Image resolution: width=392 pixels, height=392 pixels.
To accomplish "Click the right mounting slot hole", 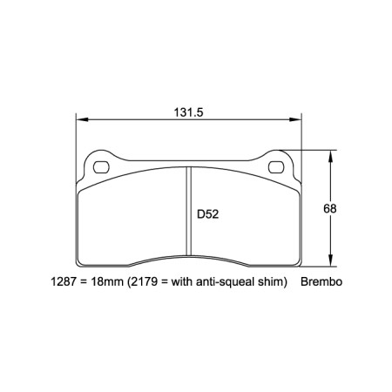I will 277,166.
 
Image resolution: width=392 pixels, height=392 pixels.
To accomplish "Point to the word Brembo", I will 322,283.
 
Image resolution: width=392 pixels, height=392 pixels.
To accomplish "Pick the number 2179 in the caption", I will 145,283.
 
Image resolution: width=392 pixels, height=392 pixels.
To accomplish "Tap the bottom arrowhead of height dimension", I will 330,262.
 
